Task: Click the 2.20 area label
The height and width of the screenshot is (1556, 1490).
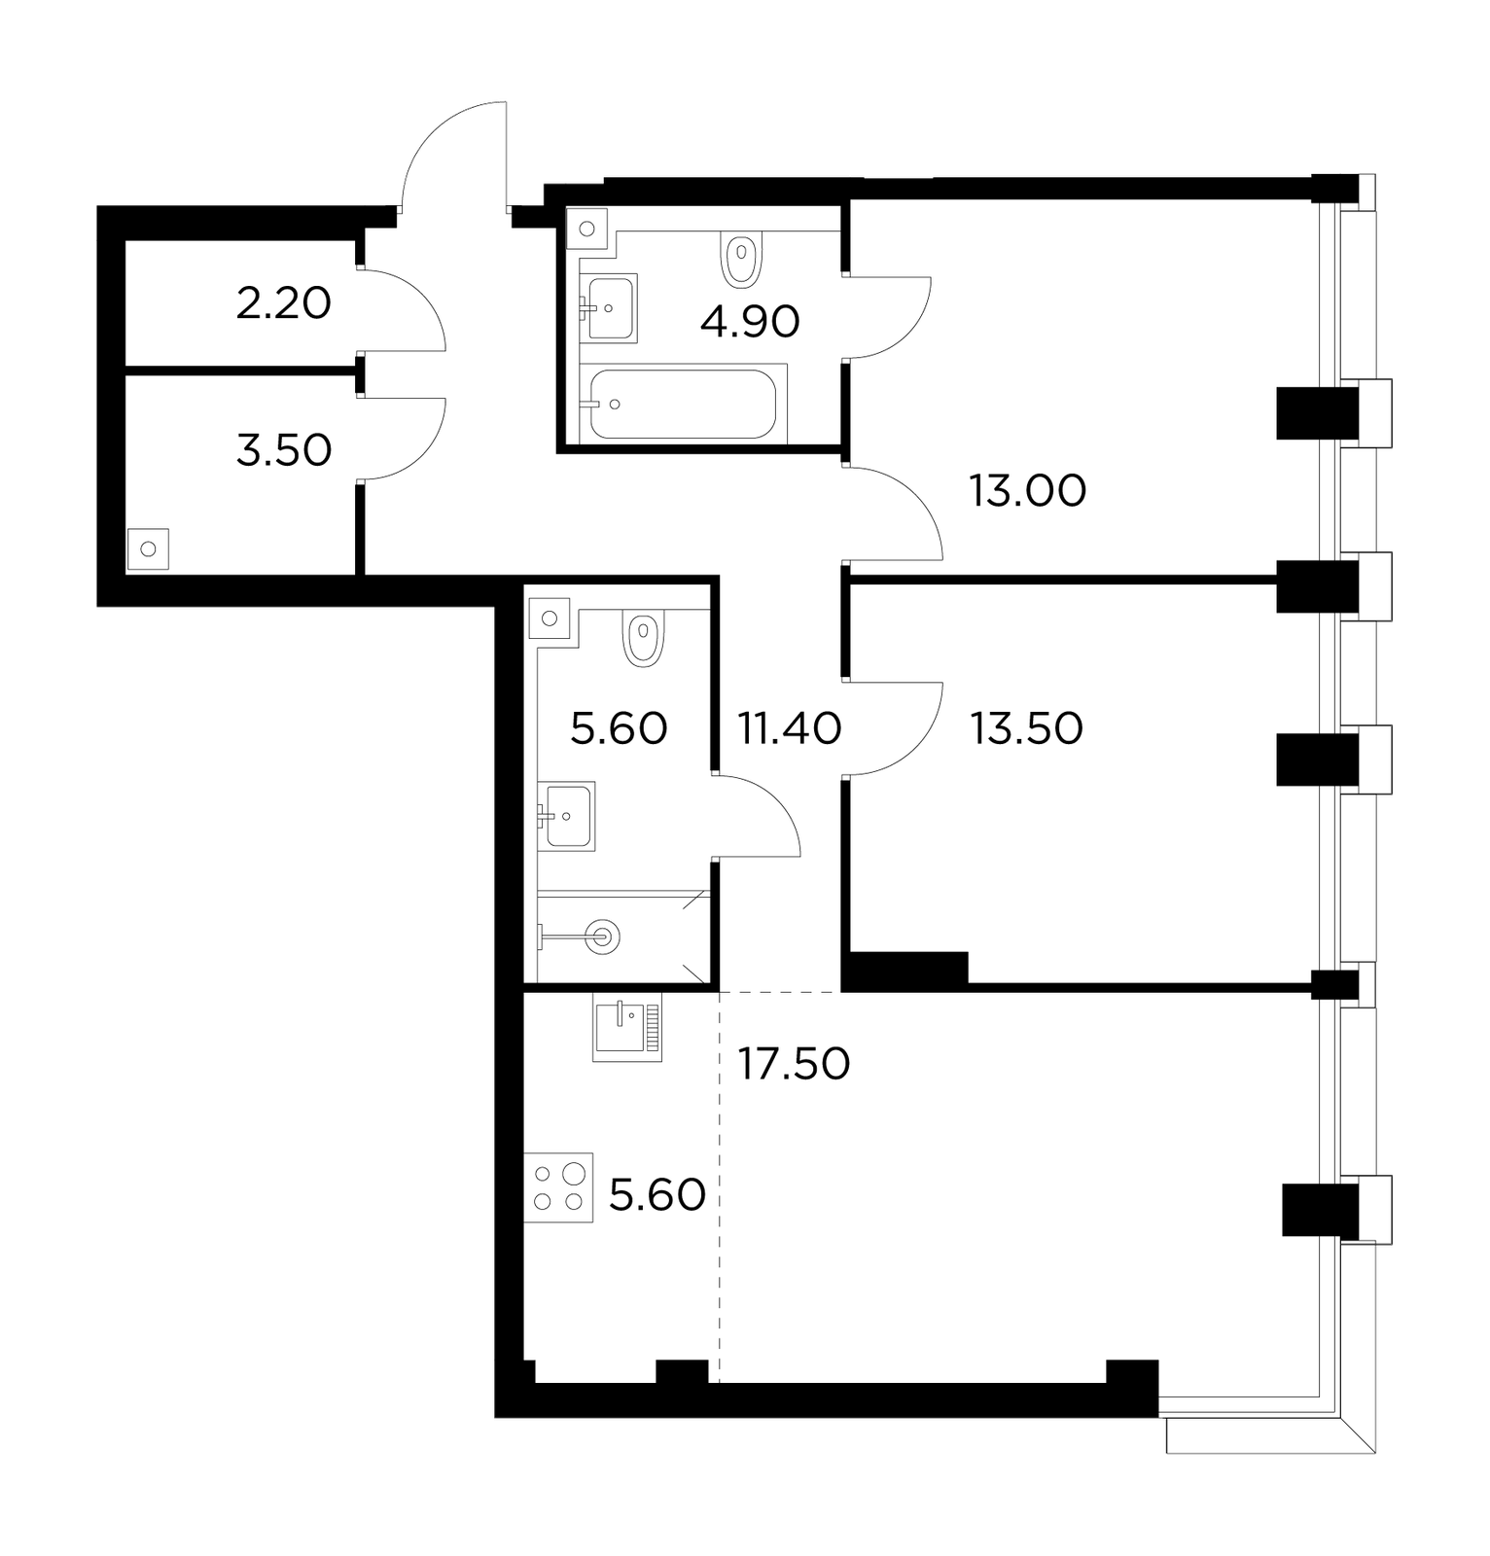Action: point(284,304)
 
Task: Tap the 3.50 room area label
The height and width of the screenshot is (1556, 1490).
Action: point(284,451)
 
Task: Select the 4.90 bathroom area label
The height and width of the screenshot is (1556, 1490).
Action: point(750,322)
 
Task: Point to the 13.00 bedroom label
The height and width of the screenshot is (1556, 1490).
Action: point(1028,492)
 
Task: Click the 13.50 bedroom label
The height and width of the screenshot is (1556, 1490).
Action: point(1027,728)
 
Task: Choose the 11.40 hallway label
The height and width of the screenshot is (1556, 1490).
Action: point(790,728)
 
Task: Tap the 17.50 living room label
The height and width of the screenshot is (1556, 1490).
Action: point(795,1064)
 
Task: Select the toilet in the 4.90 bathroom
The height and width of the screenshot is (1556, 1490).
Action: point(741,260)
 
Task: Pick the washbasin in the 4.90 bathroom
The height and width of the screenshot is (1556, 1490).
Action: point(609,308)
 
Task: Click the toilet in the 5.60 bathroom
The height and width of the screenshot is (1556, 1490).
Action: point(643,638)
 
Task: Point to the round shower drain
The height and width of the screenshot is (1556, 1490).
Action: point(603,937)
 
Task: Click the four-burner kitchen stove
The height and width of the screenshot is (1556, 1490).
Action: point(558,1187)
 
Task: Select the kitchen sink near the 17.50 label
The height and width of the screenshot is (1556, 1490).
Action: point(627,1027)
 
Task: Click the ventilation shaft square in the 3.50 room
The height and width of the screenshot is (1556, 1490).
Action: point(148,549)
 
